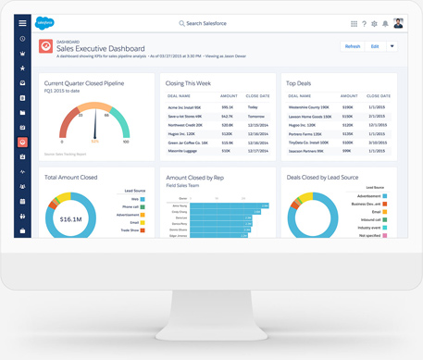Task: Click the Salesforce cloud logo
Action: (x=44, y=23)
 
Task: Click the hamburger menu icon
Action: (x=22, y=23)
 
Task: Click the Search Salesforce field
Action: (x=209, y=23)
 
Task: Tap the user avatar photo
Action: (x=398, y=23)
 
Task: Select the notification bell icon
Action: (x=386, y=23)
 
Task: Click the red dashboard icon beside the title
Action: (x=45, y=46)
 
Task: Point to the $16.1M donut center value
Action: (x=70, y=219)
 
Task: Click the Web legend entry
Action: (x=135, y=198)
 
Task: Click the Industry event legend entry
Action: (x=367, y=227)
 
